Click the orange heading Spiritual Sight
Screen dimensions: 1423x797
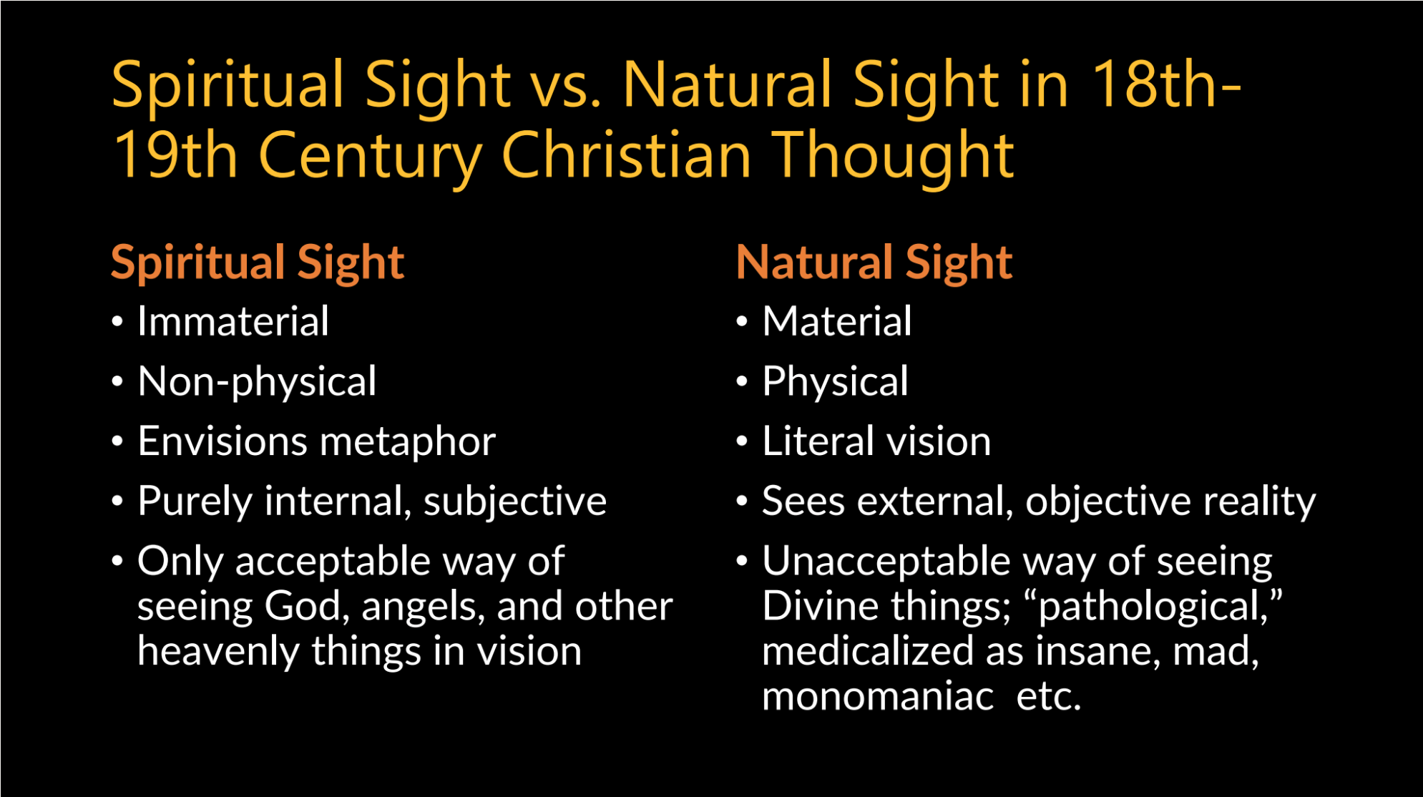pyautogui.click(x=258, y=263)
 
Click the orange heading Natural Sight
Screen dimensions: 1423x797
pyautogui.click(x=874, y=263)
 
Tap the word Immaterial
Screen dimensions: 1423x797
pyautogui.click(x=233, y=321)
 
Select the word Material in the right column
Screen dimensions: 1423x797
pyautogui.click(x=837, y=321)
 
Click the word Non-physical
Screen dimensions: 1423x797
pyautogui.click(x=257, y=382)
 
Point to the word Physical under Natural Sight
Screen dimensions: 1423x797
pyautogui.click(x=835, y=382)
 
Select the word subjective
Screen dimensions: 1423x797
pyautogui.click(x=515, y=502)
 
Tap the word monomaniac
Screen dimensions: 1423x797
pyautogui.click(x=878, y=696)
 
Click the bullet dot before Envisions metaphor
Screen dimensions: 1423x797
pyautogui.click(x=117, y=441)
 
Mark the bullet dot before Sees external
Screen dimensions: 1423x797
pyautogui.click(x=742, y=502)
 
